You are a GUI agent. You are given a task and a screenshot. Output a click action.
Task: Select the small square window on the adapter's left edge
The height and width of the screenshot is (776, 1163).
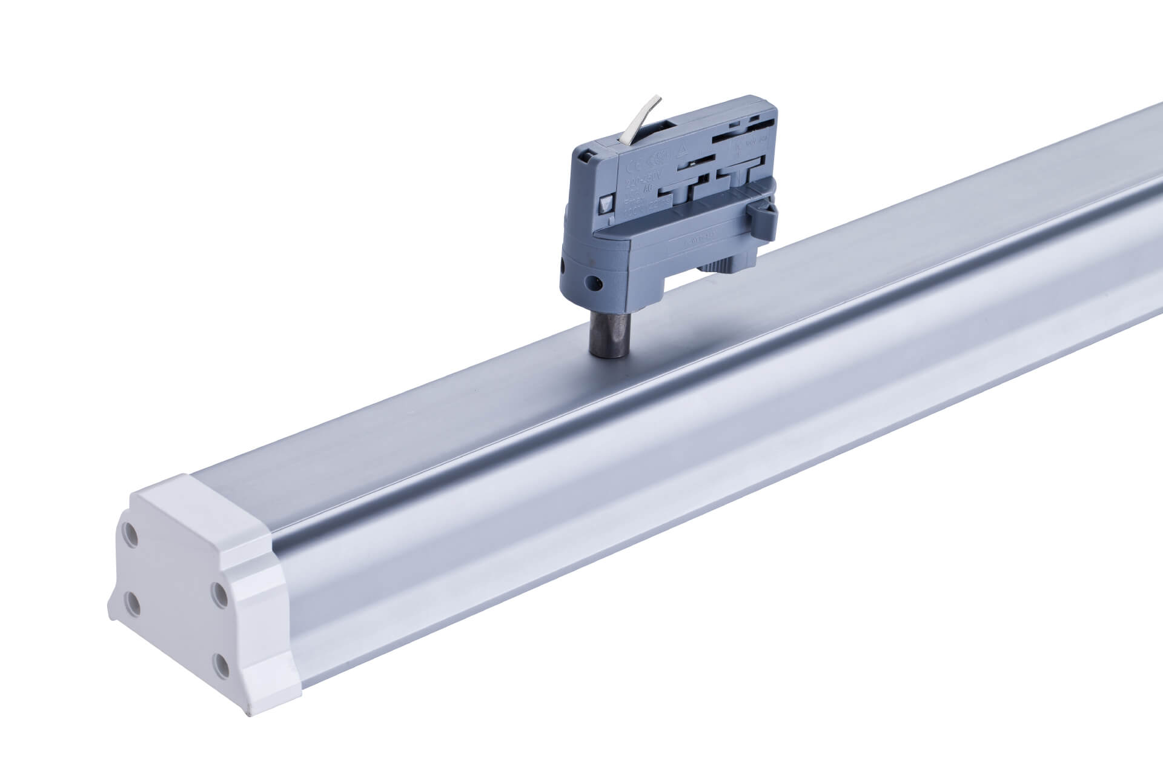pos(606,204)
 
